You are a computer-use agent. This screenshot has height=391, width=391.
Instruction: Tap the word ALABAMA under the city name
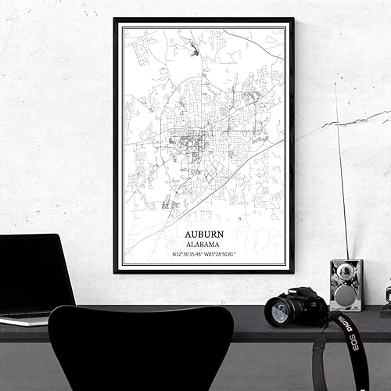coord(203,244)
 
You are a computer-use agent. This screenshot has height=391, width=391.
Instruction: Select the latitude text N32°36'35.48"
coord(183,253)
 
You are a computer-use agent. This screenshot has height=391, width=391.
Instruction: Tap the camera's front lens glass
coord(279,312)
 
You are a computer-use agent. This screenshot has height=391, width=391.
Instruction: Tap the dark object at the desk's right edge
coord(386,302)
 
